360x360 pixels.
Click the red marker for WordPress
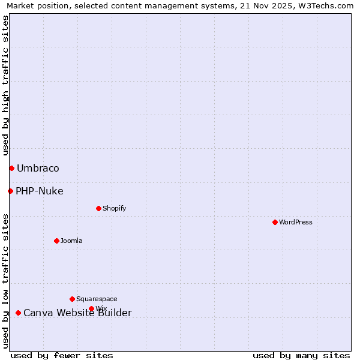[x=275, y=222]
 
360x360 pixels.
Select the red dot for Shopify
[x=98, y=208]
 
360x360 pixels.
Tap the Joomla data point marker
[x=56, y=241]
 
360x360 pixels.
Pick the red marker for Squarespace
[x=72, y=299]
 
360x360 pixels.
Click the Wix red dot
[x=91, y=308]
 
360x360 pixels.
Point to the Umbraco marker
[x=11, y=168]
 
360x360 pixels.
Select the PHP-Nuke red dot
[x=10, y=191]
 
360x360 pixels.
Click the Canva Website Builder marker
[x=18, y=313]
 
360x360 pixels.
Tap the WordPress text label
[x=296, y=222]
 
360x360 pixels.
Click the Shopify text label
[x=114, y=208]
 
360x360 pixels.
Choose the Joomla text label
[x=71, y=241]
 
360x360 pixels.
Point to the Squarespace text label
[x=97, y=299]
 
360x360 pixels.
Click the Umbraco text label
[x=38, y=168]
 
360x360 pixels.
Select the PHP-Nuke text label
[x=40, y=191]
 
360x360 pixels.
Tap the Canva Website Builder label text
[x=77, y=313]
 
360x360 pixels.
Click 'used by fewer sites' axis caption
[x=62, y=355]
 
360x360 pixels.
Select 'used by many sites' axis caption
[x=301, y=355]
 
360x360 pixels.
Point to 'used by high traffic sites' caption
[x=6, y=86]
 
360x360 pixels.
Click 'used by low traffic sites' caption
[x=6, y=281]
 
